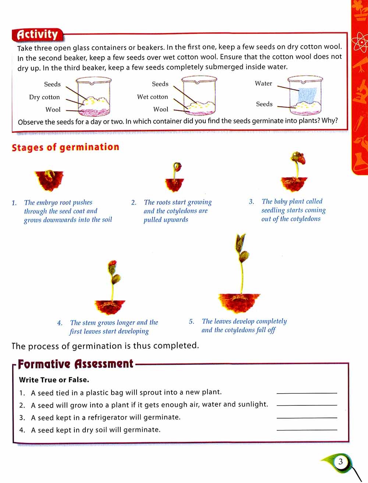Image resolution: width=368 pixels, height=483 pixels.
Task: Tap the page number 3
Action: (x=340, y=462)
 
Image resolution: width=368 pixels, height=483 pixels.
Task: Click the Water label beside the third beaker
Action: (x=263, y=84)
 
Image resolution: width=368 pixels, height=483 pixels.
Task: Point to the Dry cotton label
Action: (x=45, y=97)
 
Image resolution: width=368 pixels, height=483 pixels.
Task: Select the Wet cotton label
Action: (x=152, y=97)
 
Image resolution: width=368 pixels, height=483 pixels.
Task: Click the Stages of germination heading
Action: (x=66, y=148)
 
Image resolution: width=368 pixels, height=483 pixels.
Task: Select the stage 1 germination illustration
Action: (x=49, y=180)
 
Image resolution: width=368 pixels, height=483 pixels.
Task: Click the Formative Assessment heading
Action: (x=75, y=364)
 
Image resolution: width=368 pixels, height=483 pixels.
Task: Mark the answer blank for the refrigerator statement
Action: (x=307, y=417)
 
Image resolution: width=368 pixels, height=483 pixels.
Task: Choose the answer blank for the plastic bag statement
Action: (x=307, y=393)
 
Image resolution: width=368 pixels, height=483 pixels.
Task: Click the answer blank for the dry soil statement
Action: (x=307, y=429)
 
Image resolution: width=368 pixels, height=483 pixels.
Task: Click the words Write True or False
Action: (x=54, y=380)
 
